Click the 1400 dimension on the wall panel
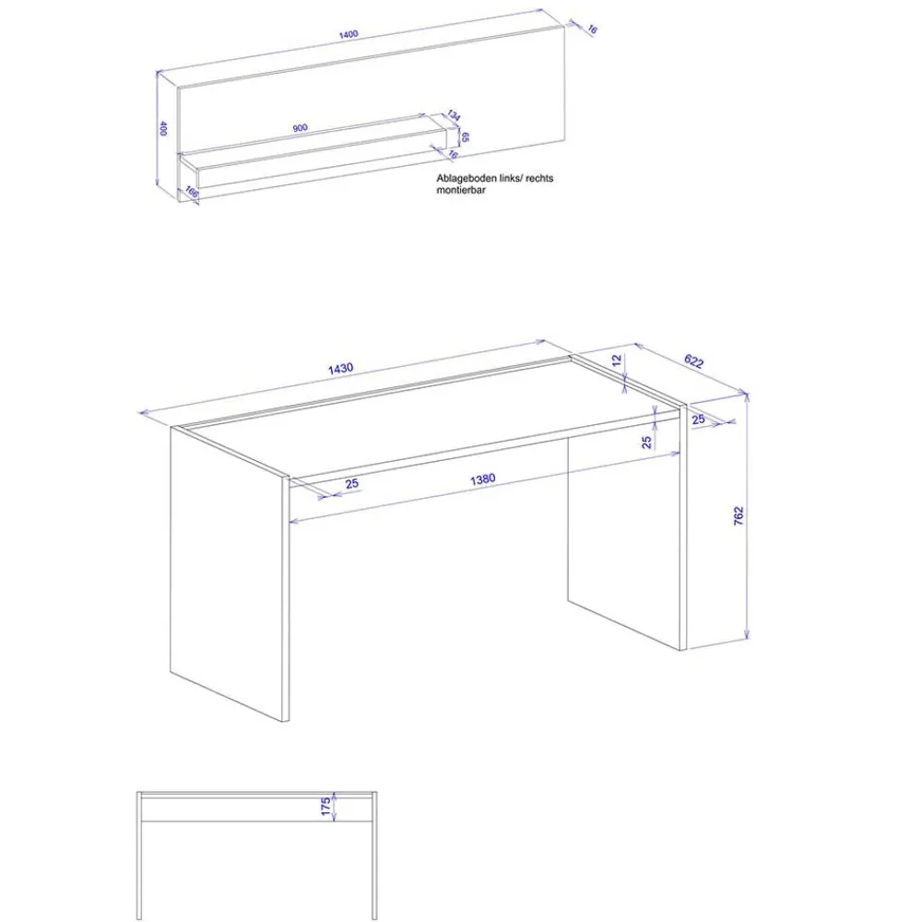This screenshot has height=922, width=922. [x=349, y=35]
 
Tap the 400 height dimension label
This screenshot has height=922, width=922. [x=163, y=128]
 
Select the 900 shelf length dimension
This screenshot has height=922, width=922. [x=300, y=127]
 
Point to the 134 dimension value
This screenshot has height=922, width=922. [x=454, y=115]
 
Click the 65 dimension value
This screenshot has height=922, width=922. [x=465, y=137]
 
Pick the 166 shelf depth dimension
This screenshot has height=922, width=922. [x=192, y=192]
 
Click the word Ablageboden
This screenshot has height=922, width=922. [x=467, y=178]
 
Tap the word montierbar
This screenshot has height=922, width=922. [x=461, y=190]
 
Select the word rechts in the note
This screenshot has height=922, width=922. [x=539, y=178]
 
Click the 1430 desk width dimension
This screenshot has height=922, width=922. [x=340, y=368]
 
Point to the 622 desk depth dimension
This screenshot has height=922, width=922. [x=694, y=361]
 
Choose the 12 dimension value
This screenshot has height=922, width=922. [x=617, y=361]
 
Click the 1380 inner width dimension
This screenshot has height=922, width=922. [x=483, y=479]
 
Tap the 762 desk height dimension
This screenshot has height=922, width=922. [x=739, y=515]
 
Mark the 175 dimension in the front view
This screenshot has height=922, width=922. [x=325, y=806]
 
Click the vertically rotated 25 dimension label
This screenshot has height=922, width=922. [x=647, y=443]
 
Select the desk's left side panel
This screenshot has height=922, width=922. [x=227, y=573]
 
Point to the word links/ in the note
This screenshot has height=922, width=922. [x=511, y=178]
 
